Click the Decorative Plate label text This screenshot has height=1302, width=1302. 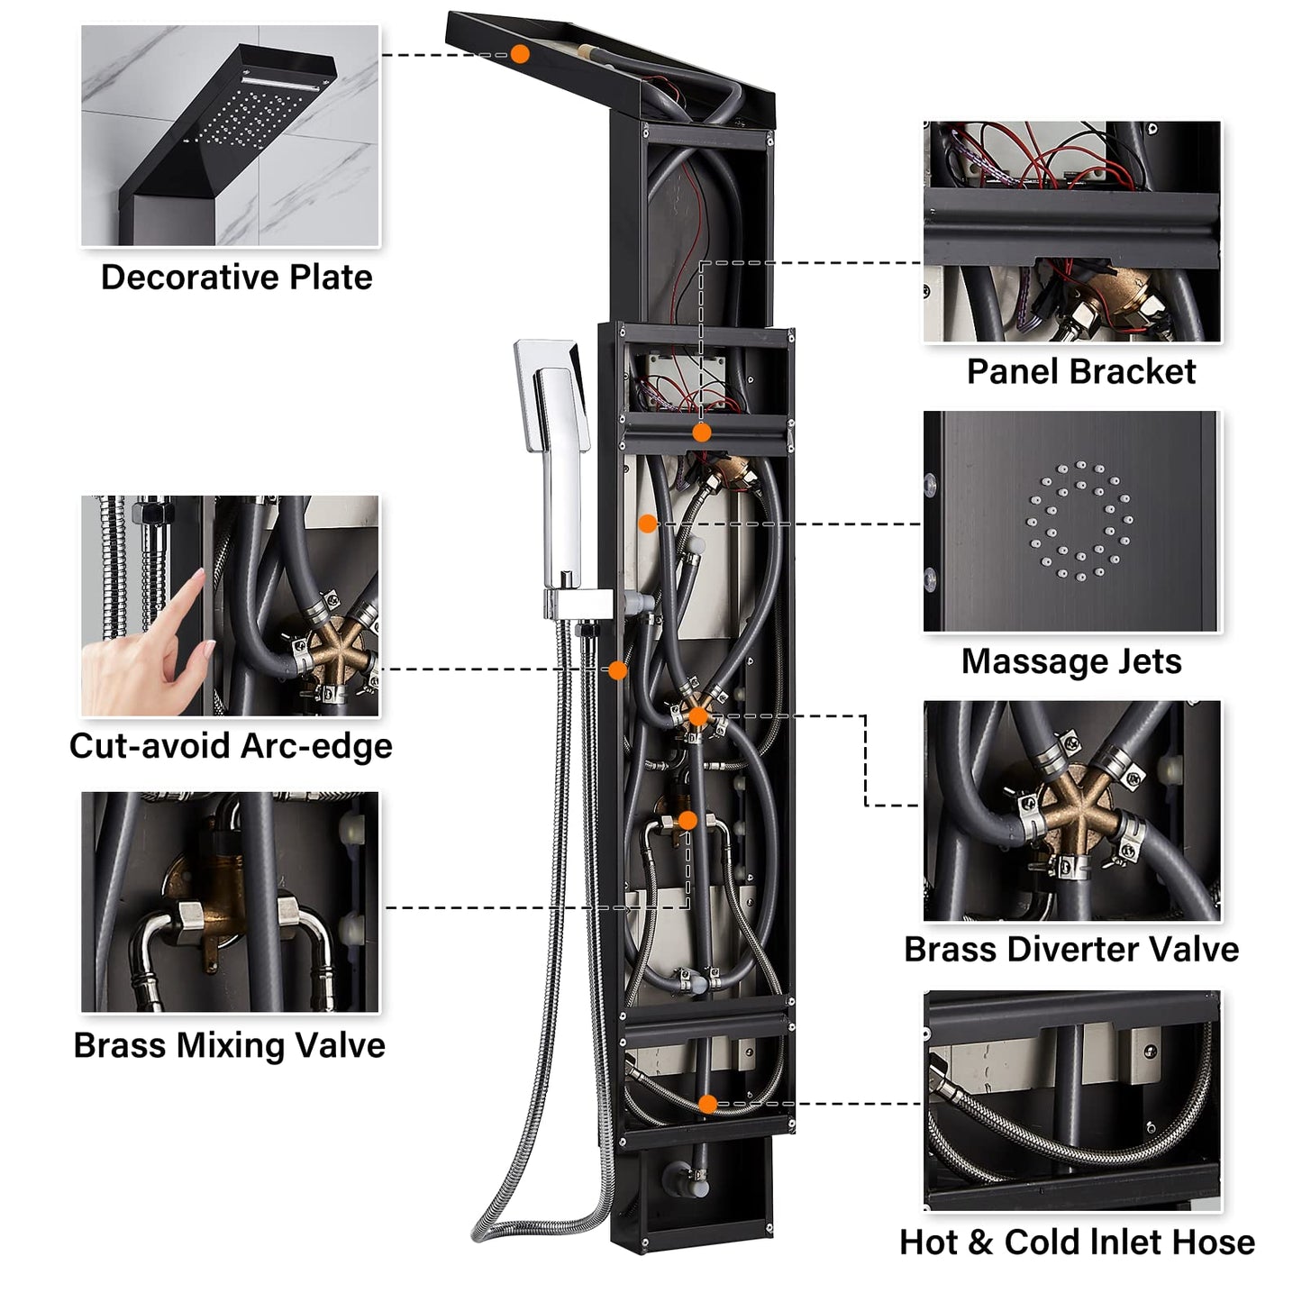[x=236, y=278]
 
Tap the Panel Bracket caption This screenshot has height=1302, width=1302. [x=1080, y=371]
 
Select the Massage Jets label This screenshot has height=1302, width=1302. [x=1071, y=661]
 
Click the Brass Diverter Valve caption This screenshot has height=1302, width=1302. [x=1071, y=950]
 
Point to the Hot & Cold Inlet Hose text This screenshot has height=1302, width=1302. [x=1077, y=1242]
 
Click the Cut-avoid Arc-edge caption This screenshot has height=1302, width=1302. [x=231, y=746]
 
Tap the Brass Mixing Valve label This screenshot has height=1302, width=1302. [x=229, y=1045]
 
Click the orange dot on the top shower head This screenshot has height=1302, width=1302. [x=520, y=54]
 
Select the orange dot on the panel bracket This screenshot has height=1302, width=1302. [x=702, y=432]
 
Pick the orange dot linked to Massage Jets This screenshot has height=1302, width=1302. [x=647, y=523]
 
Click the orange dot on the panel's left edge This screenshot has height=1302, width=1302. [x=617, y=670]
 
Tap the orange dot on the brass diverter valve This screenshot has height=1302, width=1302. [x=698, y=716]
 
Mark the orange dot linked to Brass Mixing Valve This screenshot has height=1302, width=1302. [x=687, y=821]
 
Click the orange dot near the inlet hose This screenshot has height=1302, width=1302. [x=708, y=1104]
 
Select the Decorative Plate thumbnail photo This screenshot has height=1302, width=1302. [x=231, y=135]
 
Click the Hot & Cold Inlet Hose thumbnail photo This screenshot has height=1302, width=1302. [x=1072, y=1101]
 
